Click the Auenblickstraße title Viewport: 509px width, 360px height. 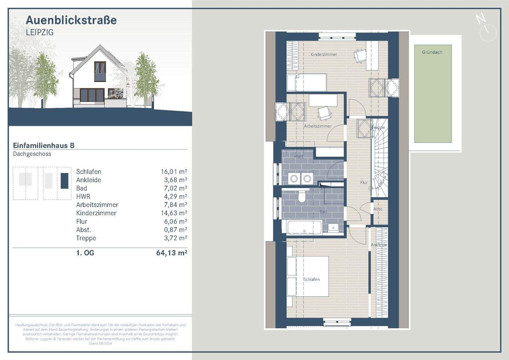71,20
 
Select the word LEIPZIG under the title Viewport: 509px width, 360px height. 40,32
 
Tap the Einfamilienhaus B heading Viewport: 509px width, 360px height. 43,145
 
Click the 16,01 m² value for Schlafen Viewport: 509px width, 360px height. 174,172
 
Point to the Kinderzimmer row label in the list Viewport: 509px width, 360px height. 96,213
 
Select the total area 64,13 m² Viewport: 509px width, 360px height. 171,252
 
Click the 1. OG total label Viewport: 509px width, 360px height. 85,252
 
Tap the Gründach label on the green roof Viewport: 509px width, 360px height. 432,52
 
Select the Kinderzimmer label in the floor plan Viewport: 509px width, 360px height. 324,54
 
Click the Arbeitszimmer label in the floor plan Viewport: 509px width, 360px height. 318,126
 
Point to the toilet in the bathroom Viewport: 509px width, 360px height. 302,197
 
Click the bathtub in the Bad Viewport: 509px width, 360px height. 304,227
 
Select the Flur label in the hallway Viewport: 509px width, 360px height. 364,182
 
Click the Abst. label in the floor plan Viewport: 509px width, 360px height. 378,209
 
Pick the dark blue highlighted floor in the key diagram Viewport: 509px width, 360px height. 64,180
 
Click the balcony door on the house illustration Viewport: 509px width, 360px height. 100,71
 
